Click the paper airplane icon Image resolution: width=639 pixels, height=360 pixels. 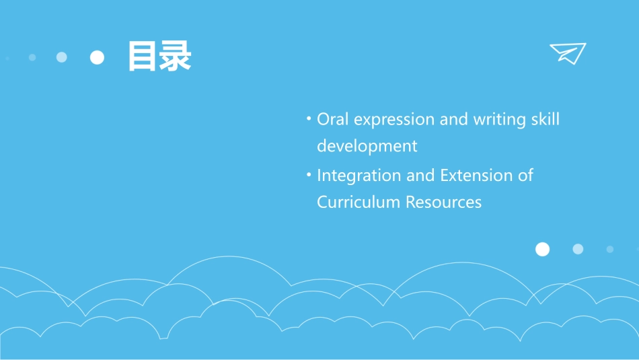(568, 53)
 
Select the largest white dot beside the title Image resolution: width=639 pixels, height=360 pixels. (98, 58)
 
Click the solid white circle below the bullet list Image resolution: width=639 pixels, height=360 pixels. (542, 250)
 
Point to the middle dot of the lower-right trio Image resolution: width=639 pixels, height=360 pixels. (578, 249)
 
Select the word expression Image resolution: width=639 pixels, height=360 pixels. (393, 120)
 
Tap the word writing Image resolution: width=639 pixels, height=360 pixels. (500, 120)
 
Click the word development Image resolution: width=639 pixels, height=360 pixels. (367, 146)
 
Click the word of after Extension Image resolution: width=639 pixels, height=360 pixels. (525, 176)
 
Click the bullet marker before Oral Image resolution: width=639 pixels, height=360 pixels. (309, 119)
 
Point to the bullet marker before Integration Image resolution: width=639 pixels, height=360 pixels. (309, 175)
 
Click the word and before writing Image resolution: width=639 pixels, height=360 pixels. (454, 120)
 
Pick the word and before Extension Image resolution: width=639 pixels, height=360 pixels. (420, 176)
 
